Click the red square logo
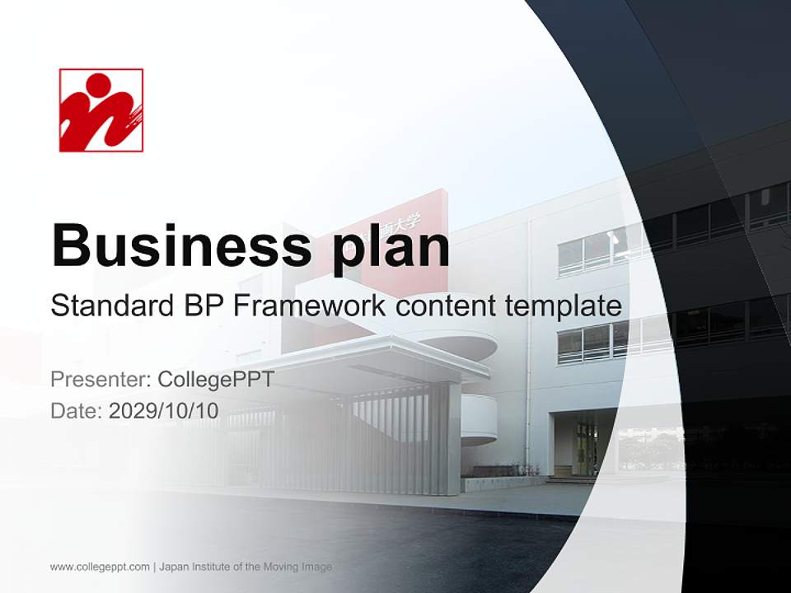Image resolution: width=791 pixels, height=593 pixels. click(101, 110)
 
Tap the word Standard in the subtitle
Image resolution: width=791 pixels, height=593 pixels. click(110, 306)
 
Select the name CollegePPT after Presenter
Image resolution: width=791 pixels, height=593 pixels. click(215, 380)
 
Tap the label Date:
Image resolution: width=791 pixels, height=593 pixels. click(77, 410)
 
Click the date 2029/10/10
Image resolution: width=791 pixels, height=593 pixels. click(164, 410)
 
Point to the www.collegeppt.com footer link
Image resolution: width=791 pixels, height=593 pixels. click(100, 567)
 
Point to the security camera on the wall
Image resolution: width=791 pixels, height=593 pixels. click(612, 237)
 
